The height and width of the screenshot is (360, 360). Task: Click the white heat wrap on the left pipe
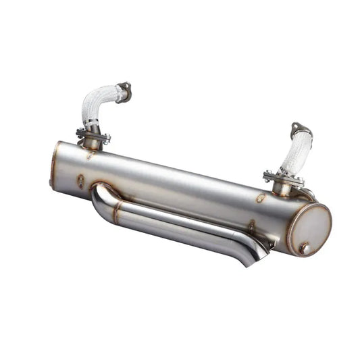point(97,104)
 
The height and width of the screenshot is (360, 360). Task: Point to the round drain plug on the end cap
point(305,248)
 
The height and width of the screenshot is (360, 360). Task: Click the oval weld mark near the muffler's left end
point(81,180)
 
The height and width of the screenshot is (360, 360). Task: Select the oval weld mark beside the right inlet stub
point(261,198)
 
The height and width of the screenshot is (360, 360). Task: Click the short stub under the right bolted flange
point(282,188)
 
